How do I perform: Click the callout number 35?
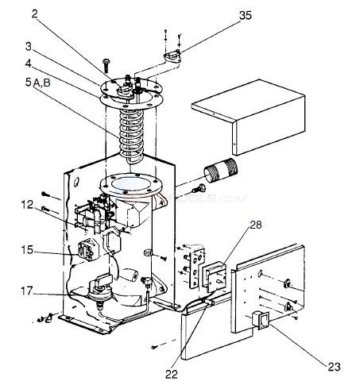click(x=245, y=15)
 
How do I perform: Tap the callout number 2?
click(x=35, y=14)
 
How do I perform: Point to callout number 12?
click(x=27, y=205)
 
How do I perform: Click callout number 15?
click(x=27, y=249)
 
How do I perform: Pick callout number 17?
click(x=27, y=291)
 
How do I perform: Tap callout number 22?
click(x=172, y=374)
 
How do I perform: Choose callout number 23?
click(x=334, y=367)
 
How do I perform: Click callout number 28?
click(x=256, y=225)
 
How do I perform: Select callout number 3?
click(x=28, y=47)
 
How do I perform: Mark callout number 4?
click(x=28, y=64)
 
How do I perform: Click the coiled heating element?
click(x=131, y=135)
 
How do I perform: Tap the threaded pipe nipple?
click(x=221, y=170)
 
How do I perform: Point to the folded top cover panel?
click(x=248, y=117)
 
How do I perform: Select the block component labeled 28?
click(x=215, y=276)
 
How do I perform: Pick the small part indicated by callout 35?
click(x=172, y=57)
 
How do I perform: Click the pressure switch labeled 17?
click(x=101, y=291)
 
